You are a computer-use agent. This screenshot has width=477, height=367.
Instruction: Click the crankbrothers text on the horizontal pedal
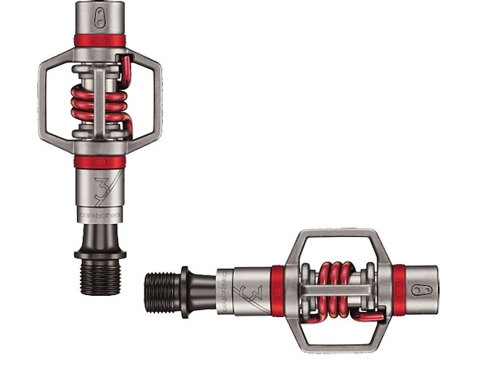[221, 283]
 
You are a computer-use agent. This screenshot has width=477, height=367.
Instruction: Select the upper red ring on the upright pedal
[100, 40]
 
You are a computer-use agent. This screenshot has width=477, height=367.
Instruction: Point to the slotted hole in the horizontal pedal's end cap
[426, 288]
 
